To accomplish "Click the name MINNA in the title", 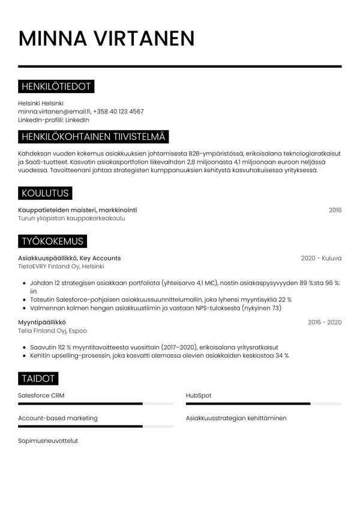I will pyautogui.click(x=53, y=38).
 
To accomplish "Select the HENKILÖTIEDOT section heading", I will pyautogui.click(x=56, y=86).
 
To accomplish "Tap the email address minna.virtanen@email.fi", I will pyautogui.click(x=54, y=112).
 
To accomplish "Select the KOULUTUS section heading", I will pyautogui.click(x=45, y=193).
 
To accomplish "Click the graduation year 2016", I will pyautogui.click(x=335, y=210).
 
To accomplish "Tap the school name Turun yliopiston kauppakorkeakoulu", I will pyautogui.click(x=72, y=218).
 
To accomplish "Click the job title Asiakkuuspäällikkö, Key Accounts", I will pyautogui.click(x=70, y=258).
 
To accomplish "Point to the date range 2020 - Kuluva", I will pyautogui.click(x=321, y=258).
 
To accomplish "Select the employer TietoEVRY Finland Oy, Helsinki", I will pyautogui.click(x=61, y=267).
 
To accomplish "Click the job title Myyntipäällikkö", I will pyautogui.click(x=42, y=322).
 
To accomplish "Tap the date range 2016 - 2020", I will pyautogui.click(x=325, y=322).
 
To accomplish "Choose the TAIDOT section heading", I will pyautogui.click(x=38, y=379).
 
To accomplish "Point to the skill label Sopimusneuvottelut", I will pyautogui.click(x=48, y=441).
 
